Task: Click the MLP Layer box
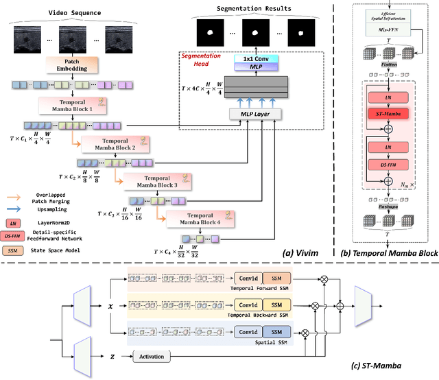[x=250, y=112]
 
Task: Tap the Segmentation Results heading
[x=254, y=8]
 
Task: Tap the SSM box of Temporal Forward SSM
[x=276, y=279]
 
